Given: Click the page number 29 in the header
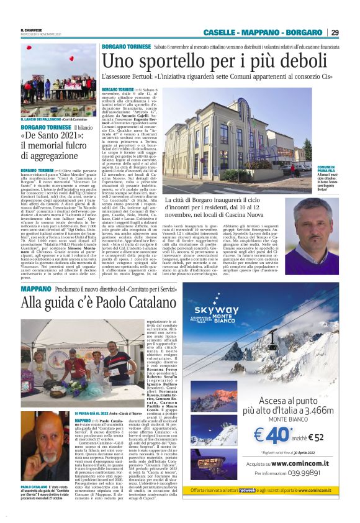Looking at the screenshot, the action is [335, 32].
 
